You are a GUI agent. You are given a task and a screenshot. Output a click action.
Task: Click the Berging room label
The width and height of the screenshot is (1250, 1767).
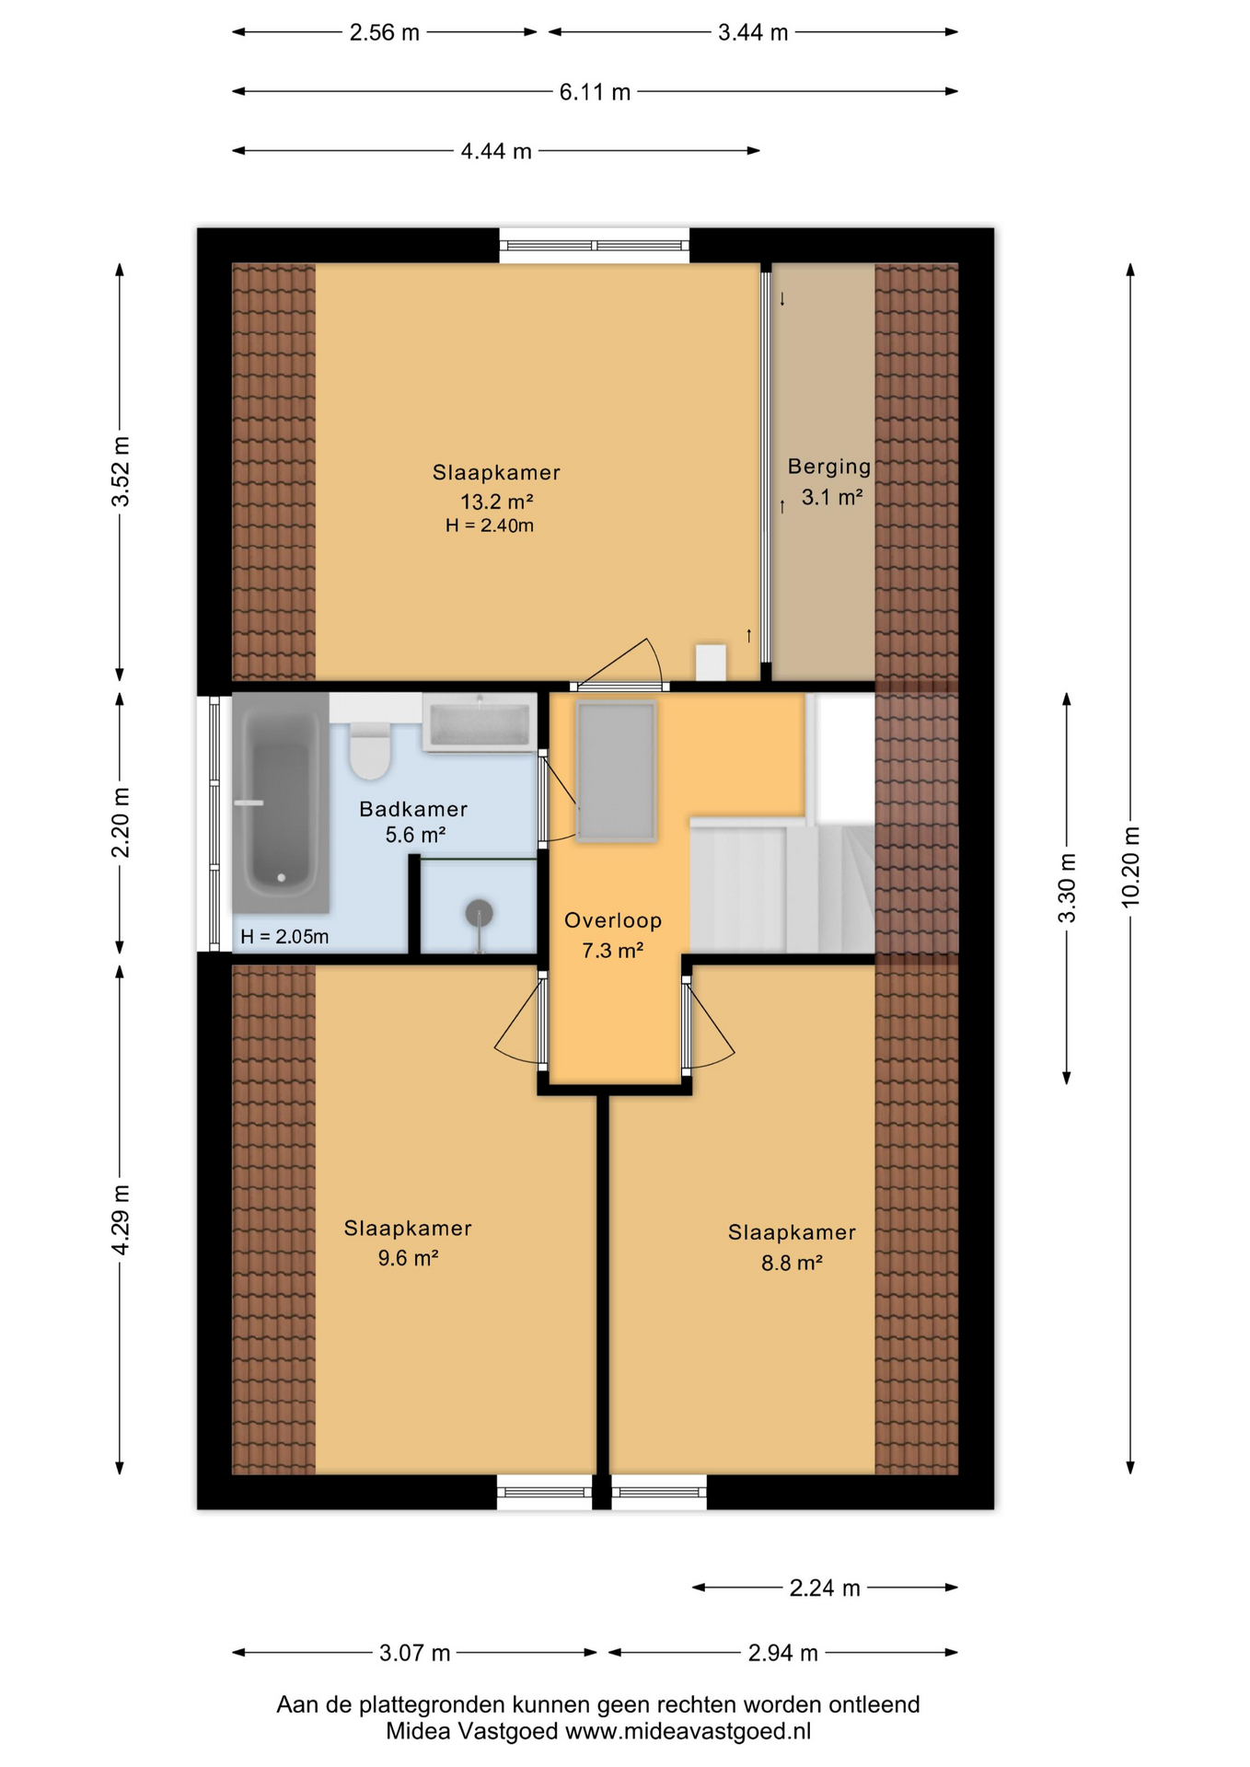828,467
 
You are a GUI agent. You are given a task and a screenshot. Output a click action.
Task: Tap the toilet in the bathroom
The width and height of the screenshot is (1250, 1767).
371,750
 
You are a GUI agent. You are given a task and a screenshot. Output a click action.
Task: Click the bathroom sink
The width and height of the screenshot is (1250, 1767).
480,723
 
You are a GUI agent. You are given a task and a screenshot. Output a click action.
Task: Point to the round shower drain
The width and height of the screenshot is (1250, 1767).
479,913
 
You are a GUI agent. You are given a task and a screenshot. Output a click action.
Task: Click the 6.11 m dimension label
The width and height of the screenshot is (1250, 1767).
595,92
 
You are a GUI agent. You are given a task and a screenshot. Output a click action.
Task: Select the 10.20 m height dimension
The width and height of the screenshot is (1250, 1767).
1131,867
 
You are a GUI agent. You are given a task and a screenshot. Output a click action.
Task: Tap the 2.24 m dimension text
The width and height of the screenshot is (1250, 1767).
825,1588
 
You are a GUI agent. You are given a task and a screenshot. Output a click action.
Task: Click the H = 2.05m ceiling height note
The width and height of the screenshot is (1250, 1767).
284,937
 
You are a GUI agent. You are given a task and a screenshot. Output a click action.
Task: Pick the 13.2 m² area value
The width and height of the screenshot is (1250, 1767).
497,502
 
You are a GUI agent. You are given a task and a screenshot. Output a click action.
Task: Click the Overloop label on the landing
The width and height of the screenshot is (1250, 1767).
613,920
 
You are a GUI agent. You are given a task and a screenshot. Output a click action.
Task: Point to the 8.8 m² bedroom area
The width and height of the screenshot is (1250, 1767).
792,1263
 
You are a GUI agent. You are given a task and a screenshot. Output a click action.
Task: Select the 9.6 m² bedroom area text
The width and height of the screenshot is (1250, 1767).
408,1258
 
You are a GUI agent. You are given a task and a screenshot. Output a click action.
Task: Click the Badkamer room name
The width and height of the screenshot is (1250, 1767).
413,809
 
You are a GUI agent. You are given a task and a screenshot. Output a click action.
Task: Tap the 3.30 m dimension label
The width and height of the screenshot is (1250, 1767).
1067,887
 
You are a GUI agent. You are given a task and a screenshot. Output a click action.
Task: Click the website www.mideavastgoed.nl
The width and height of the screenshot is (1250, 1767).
688,1731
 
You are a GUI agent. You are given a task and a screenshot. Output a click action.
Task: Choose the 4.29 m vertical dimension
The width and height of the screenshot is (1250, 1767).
120,1219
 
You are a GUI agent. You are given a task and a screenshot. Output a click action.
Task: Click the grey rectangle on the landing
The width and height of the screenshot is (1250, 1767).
617,771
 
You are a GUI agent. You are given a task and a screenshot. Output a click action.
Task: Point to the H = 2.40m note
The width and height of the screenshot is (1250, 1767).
490,525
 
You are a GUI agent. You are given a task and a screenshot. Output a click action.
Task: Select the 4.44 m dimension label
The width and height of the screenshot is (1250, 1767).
496,151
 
